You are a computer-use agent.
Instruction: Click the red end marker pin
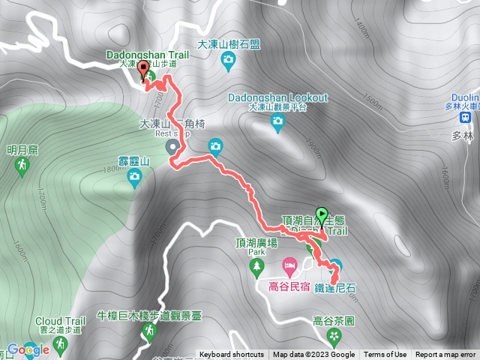142,67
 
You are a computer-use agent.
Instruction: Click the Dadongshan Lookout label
279,98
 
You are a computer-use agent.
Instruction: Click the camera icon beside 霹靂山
135,177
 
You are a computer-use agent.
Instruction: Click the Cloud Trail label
60,321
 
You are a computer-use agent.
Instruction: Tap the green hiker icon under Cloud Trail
60,344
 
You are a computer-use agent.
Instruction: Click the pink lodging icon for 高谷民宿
289,265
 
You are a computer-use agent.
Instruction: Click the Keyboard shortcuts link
231,355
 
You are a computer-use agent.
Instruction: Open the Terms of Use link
385,355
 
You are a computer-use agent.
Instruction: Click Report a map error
445,355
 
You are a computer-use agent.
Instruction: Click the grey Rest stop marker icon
172,145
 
